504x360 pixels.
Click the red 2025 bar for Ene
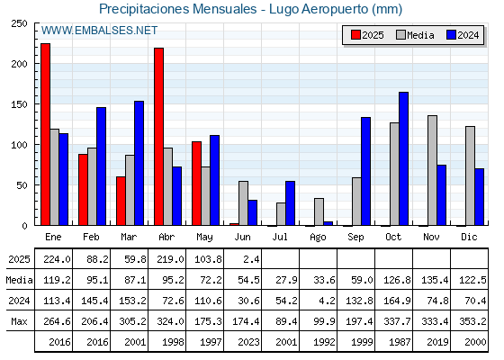tap(46, 134)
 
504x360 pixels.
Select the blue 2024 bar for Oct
tap(403, 158)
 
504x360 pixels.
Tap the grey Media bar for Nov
tap(432, 170)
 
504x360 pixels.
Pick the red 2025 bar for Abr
tap(158, 137)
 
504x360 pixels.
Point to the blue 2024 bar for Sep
tap(365, 171)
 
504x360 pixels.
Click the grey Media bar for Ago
tap(319, 211)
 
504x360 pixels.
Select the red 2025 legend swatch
tap(355, 35)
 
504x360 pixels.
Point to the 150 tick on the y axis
tap(20, 104)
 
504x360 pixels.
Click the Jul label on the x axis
tap(280, 237)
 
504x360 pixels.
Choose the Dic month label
tap(469, 237)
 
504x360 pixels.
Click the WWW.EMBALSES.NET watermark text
tap(99, 31)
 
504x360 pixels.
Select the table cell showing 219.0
tap(170, 259)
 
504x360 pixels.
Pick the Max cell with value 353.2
tap(472, 321)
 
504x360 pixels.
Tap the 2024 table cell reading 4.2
tap(326, 301)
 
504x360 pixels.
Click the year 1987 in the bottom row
tap(400, 342)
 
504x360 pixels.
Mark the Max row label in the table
tap(19, 321)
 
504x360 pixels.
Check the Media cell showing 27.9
tap(286, 280)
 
